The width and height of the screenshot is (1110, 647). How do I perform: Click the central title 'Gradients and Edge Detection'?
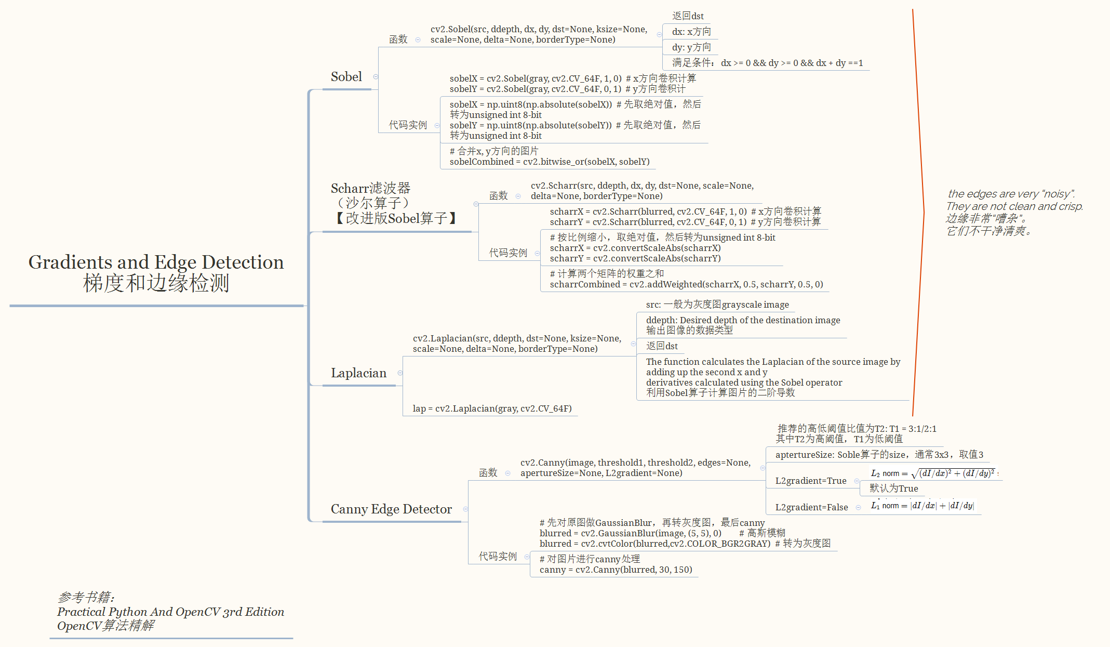[x=156, y=262]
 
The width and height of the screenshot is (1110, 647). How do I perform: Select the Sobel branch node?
[x=346, y=77]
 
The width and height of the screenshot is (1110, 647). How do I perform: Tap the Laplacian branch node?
[x=358, y=373]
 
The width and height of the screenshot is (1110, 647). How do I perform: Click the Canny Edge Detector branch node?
[x=391, y=509]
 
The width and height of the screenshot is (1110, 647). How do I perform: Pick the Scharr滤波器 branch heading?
[x=370, y=188]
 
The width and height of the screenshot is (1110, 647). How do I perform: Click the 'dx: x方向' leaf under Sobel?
[x=691, y=32]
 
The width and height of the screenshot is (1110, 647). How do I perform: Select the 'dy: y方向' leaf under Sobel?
[x=691, y=47]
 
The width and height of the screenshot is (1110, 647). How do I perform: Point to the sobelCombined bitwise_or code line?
[x=550, y=162]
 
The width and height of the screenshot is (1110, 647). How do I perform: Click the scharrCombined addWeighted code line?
[x=686, y=284]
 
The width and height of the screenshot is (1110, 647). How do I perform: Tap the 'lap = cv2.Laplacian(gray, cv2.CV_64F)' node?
[x=492, y=408]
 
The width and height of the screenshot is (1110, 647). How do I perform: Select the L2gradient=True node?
[x=810, y=481]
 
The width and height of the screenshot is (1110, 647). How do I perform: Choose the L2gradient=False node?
[x=811, y=507]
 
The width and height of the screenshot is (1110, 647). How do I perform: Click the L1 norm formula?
[x=922, y=506]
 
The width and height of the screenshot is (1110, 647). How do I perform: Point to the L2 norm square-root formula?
[x=933, y=473]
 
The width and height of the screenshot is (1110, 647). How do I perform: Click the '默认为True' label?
[x=893, y=488]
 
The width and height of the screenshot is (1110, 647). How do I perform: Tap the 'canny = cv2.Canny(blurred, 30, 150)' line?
[x=616, y=570]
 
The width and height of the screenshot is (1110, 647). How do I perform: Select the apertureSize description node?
[x=879, y=455]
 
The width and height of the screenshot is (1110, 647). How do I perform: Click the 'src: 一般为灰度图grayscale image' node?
[x=717, y=305]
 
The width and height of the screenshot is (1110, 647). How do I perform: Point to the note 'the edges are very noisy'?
[x=1011, y=194]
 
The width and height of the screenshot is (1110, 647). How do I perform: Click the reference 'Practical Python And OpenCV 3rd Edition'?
[x=170, y=612]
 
